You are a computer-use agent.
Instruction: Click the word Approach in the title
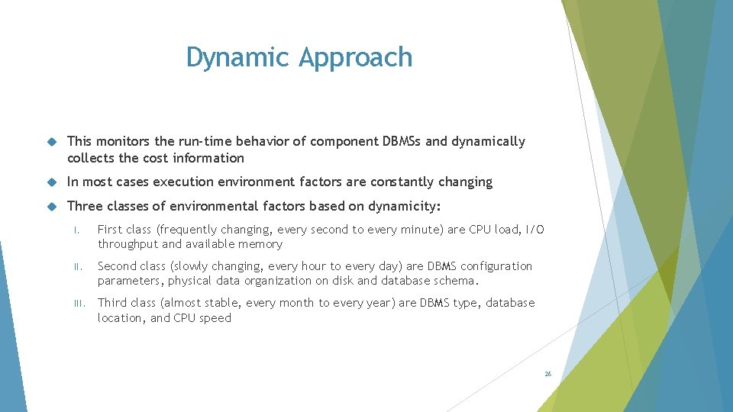click(x=355, y=58)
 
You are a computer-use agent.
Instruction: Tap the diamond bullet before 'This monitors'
click(x=52, y=142)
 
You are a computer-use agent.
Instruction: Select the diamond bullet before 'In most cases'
click(x=52, y=182)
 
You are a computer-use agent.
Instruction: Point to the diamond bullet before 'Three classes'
click(x=52, y=206)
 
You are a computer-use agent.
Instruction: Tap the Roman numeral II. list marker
click(x=76, y=267)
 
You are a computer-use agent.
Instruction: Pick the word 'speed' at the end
click(x=215, y=317)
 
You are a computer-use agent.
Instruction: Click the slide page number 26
click(x=547, y=374)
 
